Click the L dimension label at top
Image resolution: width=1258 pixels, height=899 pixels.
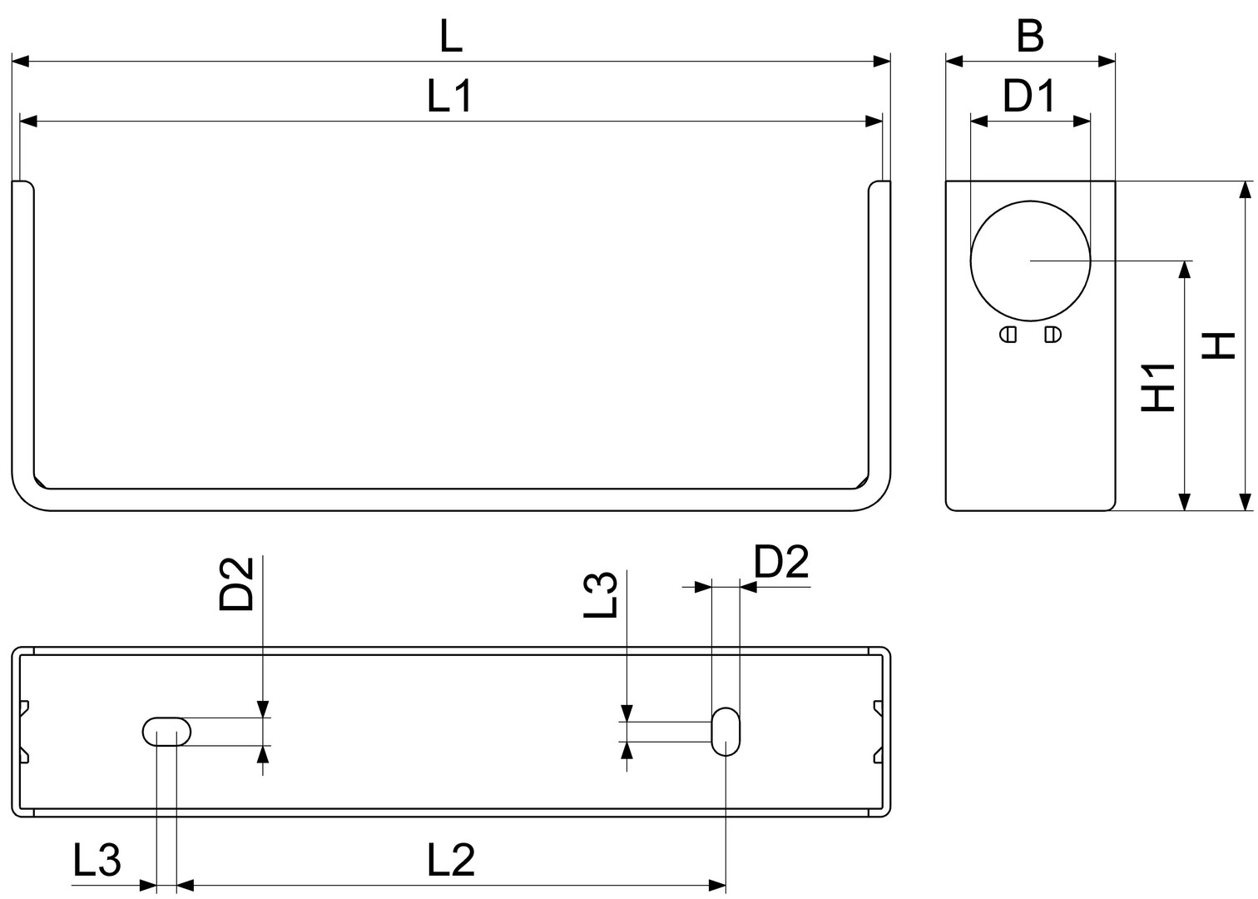451,37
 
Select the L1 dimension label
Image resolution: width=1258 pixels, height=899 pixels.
449,96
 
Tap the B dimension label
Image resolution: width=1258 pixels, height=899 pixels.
1030,37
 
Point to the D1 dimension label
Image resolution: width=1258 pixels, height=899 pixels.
1029,96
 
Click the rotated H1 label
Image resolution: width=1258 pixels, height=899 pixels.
1158,388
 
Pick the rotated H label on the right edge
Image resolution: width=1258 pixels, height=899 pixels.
1219,345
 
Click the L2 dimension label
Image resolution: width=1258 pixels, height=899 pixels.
451,860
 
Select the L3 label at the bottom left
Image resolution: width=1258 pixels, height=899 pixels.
97,860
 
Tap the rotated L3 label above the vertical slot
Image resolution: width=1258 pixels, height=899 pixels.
601,596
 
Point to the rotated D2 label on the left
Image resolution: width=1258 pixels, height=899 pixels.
236,584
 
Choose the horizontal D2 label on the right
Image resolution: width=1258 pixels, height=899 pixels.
781,562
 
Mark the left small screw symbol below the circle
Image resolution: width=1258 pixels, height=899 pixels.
1008,335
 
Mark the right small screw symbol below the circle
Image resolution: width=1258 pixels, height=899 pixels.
1052,335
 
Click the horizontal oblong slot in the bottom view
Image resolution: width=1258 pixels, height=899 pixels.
166,732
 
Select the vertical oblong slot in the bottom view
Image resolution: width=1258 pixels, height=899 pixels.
726,732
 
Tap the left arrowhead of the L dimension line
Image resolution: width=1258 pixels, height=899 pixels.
20,62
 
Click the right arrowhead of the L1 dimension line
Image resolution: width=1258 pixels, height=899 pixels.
874,121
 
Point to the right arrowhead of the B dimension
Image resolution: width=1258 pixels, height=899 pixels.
1107,62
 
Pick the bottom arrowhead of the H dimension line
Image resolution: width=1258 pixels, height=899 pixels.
1246,502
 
